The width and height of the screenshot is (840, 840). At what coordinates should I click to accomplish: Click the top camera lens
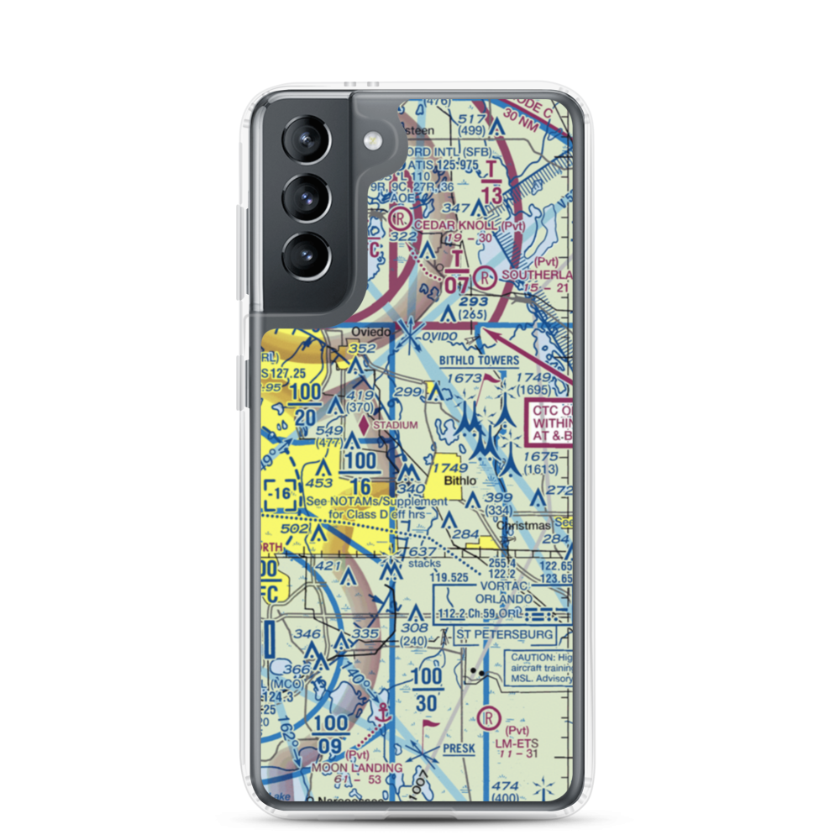[x=307, y=139]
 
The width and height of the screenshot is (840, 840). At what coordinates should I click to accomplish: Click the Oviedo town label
[x=371, y=332]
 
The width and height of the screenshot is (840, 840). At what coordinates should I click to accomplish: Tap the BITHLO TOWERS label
[x=480, y=360]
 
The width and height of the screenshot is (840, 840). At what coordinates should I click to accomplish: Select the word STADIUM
[x=395, y=425]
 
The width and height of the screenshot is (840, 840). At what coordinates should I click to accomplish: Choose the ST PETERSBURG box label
[x=505, y=633]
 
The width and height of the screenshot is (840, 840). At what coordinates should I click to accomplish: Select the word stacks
[x=424, y=564]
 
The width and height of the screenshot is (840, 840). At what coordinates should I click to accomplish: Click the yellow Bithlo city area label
[x=460, y=480]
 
